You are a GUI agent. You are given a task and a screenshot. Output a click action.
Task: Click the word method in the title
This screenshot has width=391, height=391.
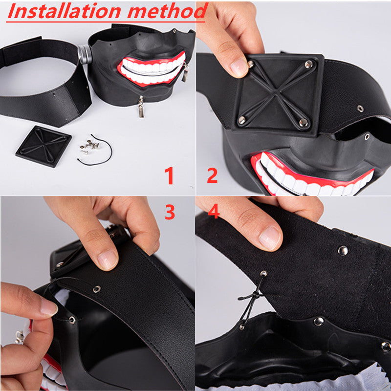click(168, 11)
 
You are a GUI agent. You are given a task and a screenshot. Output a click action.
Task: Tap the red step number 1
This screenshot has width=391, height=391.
click(169, 175)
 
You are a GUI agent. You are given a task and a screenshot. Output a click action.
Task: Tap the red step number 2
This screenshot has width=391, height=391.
click(212, 175)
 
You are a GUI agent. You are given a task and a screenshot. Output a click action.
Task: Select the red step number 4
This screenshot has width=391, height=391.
click(214, 211)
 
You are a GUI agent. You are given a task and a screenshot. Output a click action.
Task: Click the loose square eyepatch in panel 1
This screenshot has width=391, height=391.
click(43, 146)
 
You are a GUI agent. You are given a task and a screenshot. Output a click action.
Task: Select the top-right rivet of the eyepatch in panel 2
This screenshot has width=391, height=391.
click(309, 65)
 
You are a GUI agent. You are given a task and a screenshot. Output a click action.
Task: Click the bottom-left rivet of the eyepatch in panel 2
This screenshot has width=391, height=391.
click(241, 120)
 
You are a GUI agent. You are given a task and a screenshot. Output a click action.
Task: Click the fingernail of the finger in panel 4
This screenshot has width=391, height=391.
click(270, 238)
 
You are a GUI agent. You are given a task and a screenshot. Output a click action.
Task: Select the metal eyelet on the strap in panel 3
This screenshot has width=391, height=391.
click(97, 289)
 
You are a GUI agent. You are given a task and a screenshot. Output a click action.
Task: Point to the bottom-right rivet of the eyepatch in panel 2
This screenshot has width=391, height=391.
click(304, 122)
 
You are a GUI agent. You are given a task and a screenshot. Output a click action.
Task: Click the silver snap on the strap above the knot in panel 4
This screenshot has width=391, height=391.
click(343, 251)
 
